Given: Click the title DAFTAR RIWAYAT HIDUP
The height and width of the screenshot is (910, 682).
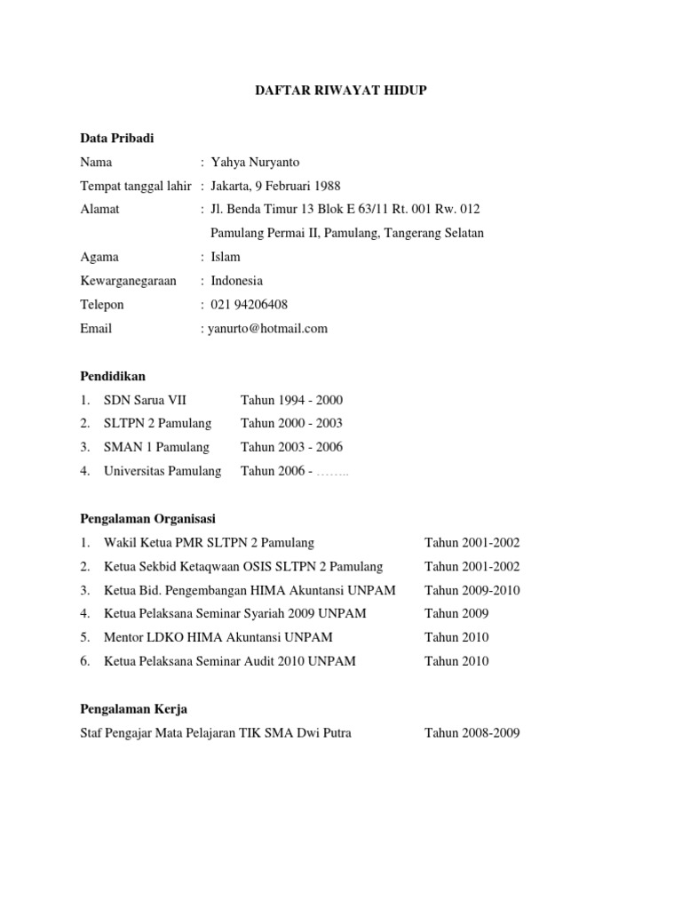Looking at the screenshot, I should tap(341, 91).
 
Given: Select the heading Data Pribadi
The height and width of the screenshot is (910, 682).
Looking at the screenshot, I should tap(116, 139).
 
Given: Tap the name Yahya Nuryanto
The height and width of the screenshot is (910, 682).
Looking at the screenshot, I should tap(255, 162).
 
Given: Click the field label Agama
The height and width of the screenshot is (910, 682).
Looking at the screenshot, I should tap(99, 257).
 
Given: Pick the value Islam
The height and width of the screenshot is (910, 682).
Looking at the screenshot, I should tap(226, 257).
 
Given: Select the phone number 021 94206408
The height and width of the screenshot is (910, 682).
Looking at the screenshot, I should tap(249, 305).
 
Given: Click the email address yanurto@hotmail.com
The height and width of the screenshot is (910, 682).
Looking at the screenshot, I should tap(267, 328).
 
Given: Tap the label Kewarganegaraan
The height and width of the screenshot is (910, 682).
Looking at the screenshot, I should tap(128, 281).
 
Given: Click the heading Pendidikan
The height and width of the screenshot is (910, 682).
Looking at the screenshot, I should tap(112, 376).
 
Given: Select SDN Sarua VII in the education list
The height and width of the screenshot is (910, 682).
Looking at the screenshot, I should tap(145, 400).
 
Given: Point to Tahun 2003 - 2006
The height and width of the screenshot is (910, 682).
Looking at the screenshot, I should tap(291, 447).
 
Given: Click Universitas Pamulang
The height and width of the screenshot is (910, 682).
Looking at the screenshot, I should tap(163, 471).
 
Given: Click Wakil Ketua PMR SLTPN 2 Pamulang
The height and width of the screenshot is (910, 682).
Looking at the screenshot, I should tap(209, 542).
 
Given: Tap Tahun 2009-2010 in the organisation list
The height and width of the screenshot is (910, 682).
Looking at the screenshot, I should tap(472, 590).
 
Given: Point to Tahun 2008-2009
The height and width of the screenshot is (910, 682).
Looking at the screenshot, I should tap(472, 733).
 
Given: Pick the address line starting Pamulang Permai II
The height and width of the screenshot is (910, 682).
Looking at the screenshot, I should tap(346, 233).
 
